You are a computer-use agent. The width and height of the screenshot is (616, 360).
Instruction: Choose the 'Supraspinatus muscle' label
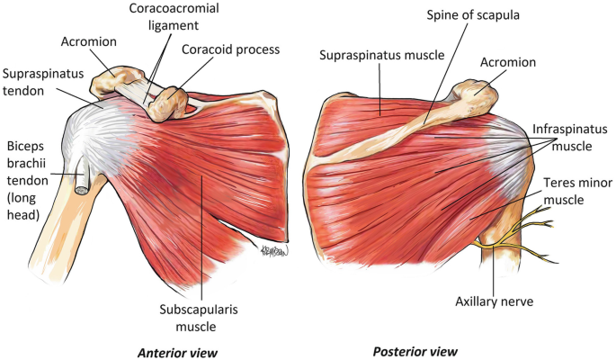point(381,55)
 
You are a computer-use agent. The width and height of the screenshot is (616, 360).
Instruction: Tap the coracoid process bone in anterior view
point(170,102)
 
